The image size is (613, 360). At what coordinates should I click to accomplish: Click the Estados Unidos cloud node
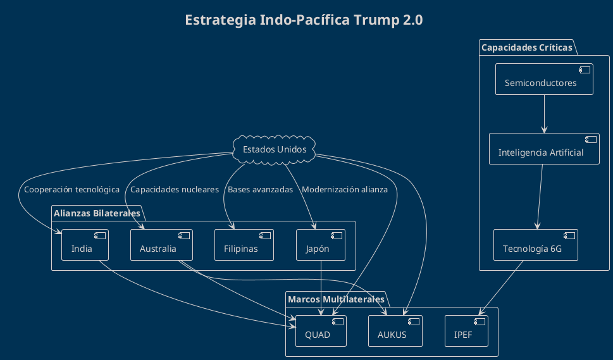(275, 150)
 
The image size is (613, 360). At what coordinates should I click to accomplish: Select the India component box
(85, 245)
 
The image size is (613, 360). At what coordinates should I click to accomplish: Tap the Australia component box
(161, 245)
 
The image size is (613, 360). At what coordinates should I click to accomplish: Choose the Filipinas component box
(244, 245)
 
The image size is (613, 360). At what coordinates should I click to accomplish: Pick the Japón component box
(321, 245)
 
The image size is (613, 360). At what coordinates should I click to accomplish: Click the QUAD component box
(321, 331)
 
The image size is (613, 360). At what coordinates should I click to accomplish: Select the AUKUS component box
(395, 331)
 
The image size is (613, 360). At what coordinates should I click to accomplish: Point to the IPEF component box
(466, 331)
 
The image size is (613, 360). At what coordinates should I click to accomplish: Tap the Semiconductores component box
(544, 79)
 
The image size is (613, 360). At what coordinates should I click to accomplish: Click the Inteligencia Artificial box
(544, 149)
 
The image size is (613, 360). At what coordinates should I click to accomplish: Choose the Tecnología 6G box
(536, 245)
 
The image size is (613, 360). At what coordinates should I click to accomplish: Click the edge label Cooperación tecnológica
(71, 190)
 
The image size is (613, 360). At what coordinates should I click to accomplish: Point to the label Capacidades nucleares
(175, 190)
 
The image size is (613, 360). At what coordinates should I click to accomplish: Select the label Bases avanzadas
(260, 190)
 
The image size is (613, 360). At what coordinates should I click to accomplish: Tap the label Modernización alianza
(345, 190)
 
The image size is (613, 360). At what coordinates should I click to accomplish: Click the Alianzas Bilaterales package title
(97, 213)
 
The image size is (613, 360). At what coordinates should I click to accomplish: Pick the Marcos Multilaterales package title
(336, 299)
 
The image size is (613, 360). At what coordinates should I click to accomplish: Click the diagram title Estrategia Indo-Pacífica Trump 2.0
(304, 20)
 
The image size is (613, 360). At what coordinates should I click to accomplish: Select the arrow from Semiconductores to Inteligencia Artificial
(544, 114)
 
